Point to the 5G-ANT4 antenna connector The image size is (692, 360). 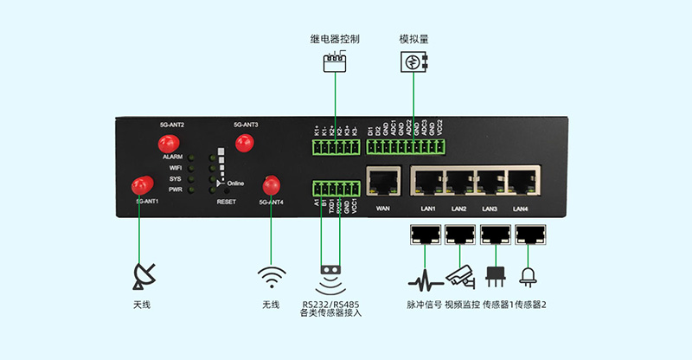coord(272,184)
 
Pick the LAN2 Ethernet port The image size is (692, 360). coord(458,182)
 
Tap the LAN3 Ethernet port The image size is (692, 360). coord(490,182)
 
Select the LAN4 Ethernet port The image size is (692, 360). coord(521,182)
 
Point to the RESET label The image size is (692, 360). coord(226,201)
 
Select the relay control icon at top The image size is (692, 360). coord(334,63)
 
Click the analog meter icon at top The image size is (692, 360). coord(414,62)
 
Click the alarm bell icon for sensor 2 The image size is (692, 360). coord(526,277)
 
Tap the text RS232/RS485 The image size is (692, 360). coord(330,304)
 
